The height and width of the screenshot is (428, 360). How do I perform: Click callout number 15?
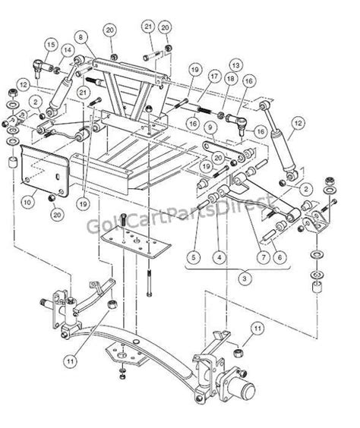(x=49, y=46)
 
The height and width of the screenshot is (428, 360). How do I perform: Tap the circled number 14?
(x=67, y=50)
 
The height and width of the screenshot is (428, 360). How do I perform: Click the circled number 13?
(x=235, y=66)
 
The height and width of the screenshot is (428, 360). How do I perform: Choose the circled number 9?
(x=207, y=130)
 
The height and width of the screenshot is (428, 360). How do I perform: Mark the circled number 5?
(x=194, y=258)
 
